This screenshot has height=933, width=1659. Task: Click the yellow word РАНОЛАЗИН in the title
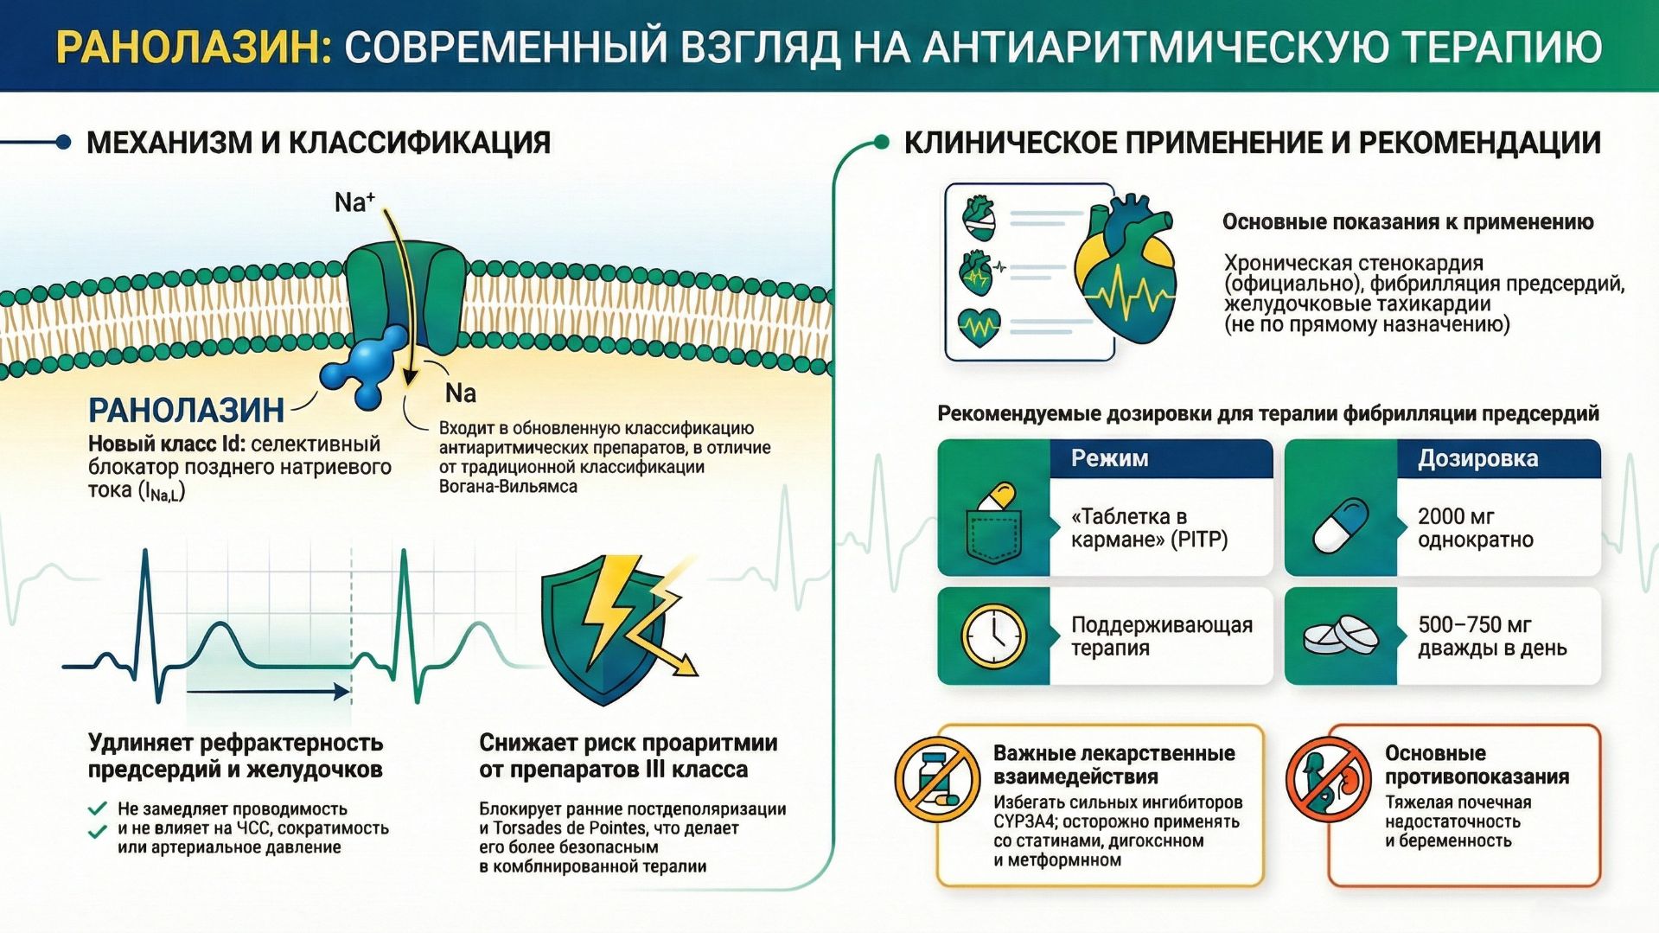(x=193, y=47)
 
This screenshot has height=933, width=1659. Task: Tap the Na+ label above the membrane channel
(x=354, y=202)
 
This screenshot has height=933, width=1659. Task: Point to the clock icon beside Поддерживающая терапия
(x=994, y=636)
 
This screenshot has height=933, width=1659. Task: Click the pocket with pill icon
(x=994, y=523)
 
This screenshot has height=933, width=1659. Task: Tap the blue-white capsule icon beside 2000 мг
(x=1340, y=525)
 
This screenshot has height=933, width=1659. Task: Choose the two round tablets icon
(x=1340, y=636)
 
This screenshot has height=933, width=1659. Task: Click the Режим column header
(x=1109, y=458)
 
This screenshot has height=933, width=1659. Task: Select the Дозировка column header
(x=1477, y=458)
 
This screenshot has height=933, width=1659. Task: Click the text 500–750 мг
(x=1474, y=624)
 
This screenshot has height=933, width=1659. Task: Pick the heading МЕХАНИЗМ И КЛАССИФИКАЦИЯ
(x=318, y=143)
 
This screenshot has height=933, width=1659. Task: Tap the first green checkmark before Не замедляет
(x=98, y=809)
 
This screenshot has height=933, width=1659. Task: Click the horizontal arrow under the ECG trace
(x=268, y=691)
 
